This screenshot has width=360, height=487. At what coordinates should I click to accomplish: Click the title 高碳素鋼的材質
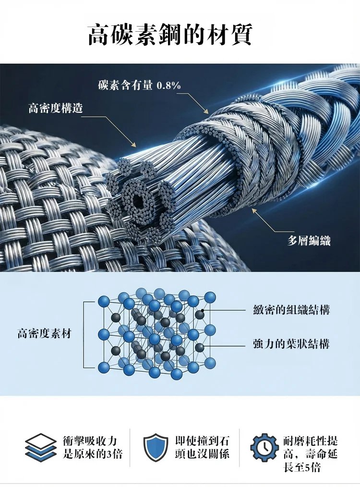[170, 35]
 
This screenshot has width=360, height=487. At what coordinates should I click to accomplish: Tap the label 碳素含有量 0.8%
[139, 85]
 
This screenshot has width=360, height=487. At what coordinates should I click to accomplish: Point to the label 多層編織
[309, 241]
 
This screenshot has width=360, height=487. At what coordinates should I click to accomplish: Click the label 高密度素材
[44, 333]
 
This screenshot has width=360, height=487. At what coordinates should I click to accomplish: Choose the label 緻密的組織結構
[291, 310]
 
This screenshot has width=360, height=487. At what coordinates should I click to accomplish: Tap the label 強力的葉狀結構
[291, 344]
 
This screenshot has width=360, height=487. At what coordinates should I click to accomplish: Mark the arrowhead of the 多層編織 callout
[253, 210]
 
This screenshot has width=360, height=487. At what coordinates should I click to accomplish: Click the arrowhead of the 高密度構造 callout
[134, 144]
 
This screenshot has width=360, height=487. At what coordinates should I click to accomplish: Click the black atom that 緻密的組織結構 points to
[199, 314]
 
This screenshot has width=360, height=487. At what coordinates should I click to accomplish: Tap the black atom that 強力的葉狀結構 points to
[199, 347]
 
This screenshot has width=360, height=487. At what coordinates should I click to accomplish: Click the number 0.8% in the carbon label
[169, 85]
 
